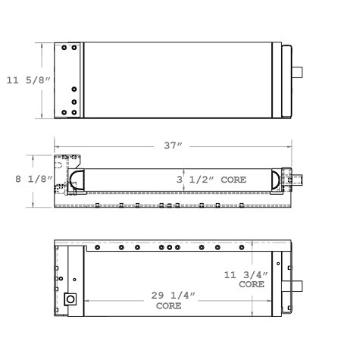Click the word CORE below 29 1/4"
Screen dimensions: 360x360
tap(167, 308)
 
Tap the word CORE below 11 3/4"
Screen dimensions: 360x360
tap(251, 286)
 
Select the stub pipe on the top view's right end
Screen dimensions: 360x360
tap(297, 74)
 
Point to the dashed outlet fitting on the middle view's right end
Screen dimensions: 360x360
tap(296, 181)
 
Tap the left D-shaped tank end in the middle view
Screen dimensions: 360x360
tap(77, 180)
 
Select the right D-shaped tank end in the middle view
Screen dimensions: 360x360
tap(274, 180)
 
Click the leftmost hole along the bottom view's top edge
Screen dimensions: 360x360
tap(97, 247)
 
